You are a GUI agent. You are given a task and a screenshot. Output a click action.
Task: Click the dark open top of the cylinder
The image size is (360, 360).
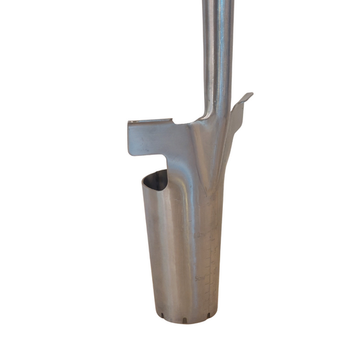pos(157,180)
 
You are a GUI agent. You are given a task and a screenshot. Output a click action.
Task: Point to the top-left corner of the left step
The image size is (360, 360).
pos(129,122)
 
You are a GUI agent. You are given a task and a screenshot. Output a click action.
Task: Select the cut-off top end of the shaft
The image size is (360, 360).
pos(217,2)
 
